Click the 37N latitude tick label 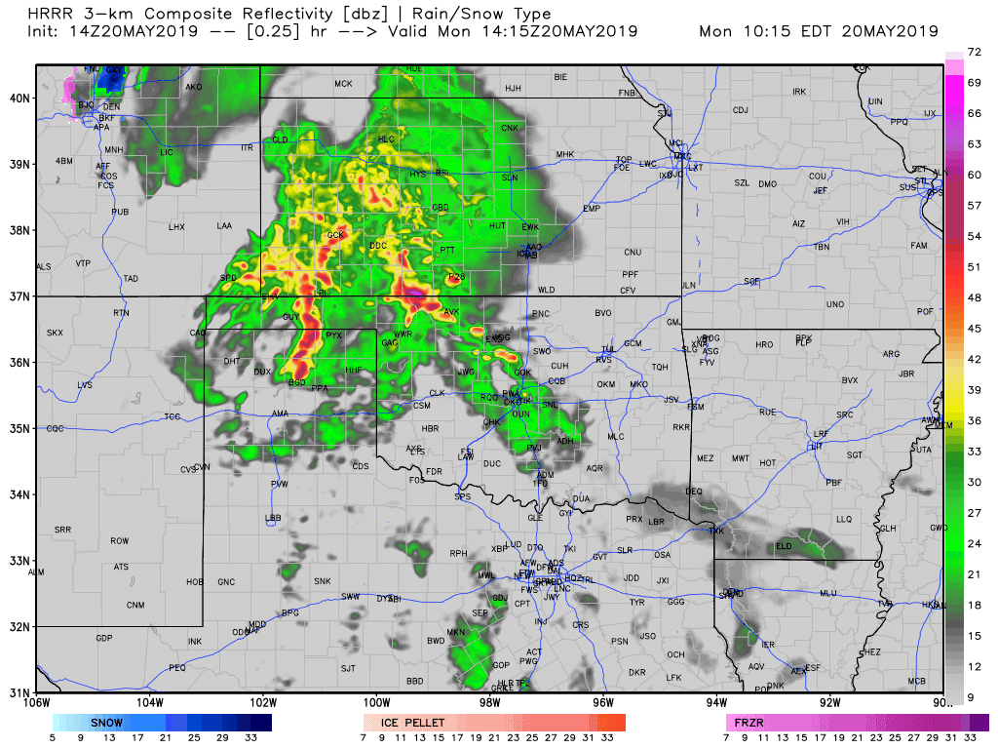click(x=19, y=296)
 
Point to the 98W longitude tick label click(x=490, y=701)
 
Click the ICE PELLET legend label click(x=413, y=723)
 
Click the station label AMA click(x=280, y=414)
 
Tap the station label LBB click(x=273, y=517)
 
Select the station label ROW click(x=120, y=540)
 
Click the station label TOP click(x=624, y=160)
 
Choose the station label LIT click(x=816, y=446)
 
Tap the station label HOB click(x=195, y=582)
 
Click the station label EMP click(x=591, y=209)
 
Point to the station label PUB click(x=120, y=212)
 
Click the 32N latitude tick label click(x=19, y=626)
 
